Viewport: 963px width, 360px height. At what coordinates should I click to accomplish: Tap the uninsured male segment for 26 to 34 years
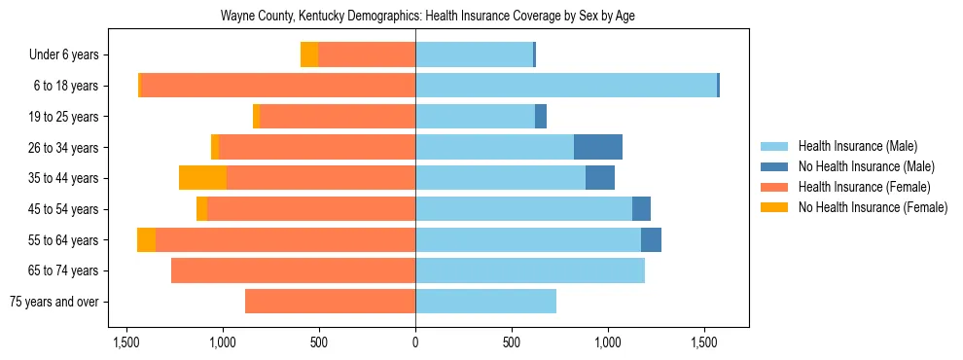(x=597, y=147)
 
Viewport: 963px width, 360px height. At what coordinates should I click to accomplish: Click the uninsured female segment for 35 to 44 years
(x=202, y=178)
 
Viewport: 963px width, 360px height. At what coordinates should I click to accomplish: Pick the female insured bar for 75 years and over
(x=330, y=302)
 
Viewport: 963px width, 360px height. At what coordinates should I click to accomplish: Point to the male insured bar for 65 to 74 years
(x=530, y=270)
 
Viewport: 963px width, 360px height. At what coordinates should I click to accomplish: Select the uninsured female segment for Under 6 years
(x=309, y=54)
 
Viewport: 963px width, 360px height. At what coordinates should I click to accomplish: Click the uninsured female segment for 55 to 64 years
(x=146, y=239)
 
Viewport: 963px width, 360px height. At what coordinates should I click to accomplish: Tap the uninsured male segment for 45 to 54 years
(x=641, y=209)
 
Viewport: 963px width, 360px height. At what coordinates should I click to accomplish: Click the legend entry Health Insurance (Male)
(x=857, y=147)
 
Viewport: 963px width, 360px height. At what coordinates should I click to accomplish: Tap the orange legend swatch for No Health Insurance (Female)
(x=775, y=207)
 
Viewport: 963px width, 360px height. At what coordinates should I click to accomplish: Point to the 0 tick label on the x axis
(x=415, y=342)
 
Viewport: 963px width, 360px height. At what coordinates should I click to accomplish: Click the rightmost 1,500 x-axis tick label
(x=704, y=342)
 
